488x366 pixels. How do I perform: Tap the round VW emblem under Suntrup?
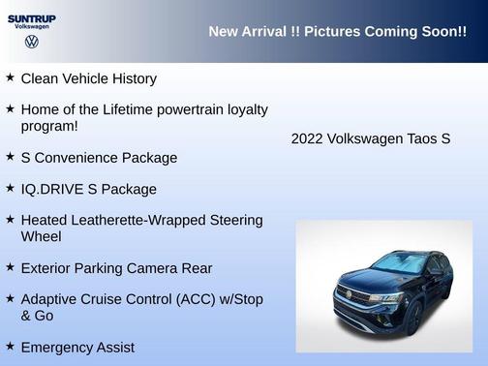click(31, 42)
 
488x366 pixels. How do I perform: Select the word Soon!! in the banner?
click(441, 32)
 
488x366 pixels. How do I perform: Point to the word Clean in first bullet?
click(39, 78)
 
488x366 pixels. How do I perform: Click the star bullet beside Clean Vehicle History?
click(10, 76)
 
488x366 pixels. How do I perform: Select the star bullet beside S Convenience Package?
click(10, 156)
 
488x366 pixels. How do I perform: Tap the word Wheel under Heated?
click(41, 236)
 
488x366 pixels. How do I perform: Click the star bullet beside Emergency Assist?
click(10, 345)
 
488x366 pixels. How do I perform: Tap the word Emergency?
click(59, 347)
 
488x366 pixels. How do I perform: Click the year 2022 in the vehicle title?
click(307, 138)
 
